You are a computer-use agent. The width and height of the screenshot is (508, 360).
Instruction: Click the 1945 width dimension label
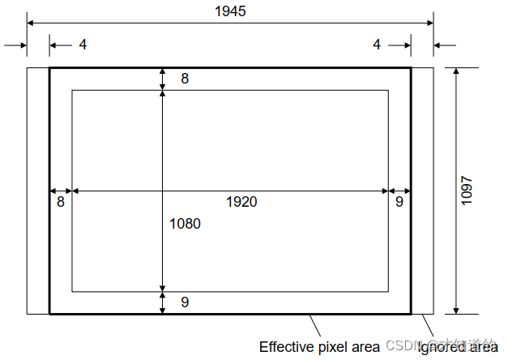coord(230,11)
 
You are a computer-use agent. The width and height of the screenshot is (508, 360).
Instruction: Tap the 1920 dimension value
coord(241,202)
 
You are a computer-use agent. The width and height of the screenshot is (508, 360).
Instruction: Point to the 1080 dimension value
coord(185,224)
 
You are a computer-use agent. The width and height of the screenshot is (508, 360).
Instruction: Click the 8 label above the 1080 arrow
coord(185,79)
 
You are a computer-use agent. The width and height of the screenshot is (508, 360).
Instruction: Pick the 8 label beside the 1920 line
coord(61,202)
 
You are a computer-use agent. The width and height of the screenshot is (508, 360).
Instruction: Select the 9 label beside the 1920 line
coord(399,202)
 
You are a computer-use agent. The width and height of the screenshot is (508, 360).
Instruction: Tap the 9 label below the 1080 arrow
coord(185,302)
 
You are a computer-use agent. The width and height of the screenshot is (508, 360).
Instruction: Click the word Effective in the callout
coord(284,347)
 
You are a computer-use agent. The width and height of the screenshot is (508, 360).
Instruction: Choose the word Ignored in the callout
coord(442,347)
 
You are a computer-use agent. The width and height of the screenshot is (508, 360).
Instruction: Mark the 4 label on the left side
coord(83,45)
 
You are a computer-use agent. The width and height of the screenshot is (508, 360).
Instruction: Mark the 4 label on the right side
coord(376,45)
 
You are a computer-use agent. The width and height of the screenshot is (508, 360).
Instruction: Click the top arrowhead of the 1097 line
coord(455,71)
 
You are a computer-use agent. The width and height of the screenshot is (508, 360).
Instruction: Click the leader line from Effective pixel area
coord(316,326)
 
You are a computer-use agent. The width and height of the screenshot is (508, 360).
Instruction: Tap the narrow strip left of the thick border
coord(38,191)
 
